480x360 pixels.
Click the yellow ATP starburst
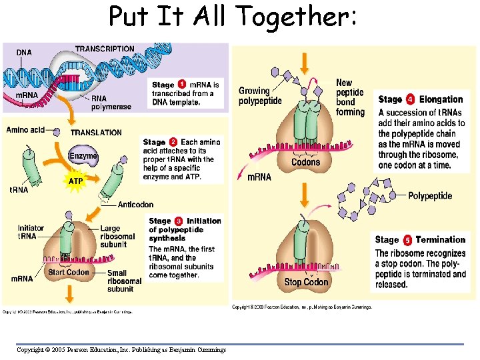pyautogui.click(x=75, y=181)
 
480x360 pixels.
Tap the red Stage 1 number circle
pyautogui.click(x=182, y=85)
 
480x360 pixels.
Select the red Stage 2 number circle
pyautogui.click(x=173, y=142)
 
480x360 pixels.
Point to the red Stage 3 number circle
pyautogui.click(x=179, y=221)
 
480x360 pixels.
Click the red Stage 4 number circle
pyautogui.click(x=411, y=99)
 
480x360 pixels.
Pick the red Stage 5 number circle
pyautogui.click(x=407, y=240)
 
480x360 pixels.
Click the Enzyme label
pyautogui.click(x=83, y=155)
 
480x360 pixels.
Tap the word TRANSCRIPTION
pyautogui.click(x=105, y=49)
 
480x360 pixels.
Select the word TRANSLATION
pyautogui.click(x=97, y=133)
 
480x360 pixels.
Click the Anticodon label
pyautogui.click(x=135, y=205)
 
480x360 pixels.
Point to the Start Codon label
pyautogui.click(x=68, y=272)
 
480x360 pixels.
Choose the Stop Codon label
pyautogui.click(x=306, y=282)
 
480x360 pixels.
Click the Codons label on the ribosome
pyautogui.click(x=305, y=162)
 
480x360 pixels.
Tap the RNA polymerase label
pyautogui.click(x=107, y=103)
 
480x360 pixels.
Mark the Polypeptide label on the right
pyautogui.click(x=430, y=195)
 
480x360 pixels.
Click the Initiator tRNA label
pyautogui.click(x=31, y=232)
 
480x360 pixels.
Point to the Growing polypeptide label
pyautogui.click(x=260, y=96)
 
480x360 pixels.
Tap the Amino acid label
pyautogui.click(x=25, y=129)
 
